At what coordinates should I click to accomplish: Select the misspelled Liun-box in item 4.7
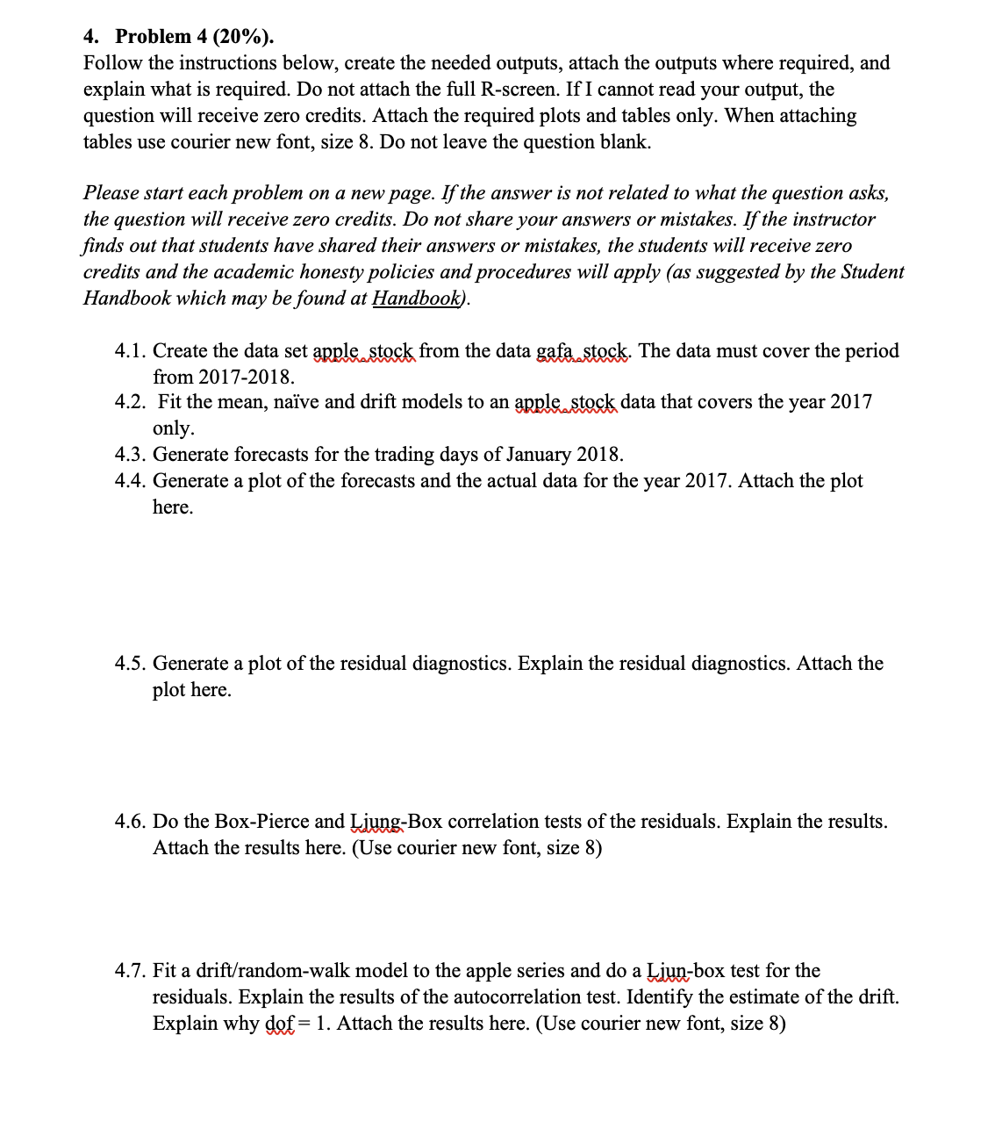(x=682, y=971)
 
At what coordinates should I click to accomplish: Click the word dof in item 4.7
(x=280, y=1024)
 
